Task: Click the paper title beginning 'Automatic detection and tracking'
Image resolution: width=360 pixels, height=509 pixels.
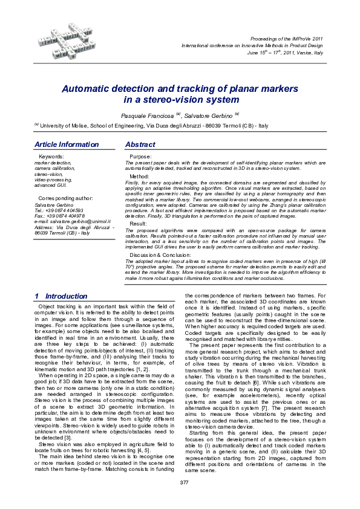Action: tap(181, 93)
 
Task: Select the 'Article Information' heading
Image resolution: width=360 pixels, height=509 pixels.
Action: tap(67, 145)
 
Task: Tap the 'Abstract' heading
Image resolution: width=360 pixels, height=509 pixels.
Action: tap(140, 145)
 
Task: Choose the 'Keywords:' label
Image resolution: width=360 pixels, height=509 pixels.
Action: tap(51, 157)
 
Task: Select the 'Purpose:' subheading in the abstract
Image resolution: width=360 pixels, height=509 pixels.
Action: tap(141, 157)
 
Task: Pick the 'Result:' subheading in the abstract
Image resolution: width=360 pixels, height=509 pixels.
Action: tap(138, 224)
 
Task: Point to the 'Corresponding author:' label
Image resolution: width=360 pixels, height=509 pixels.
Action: tap(65, 198)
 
